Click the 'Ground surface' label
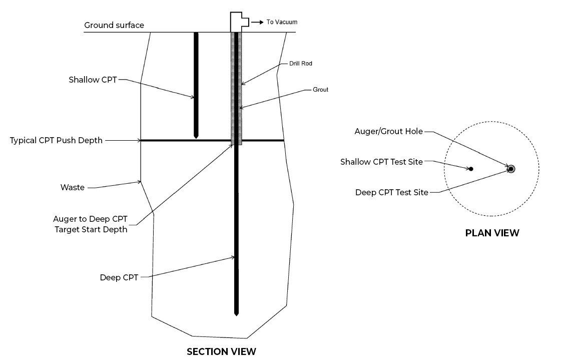[114, 25]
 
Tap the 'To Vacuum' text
[282, 22]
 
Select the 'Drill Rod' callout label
[301, 64]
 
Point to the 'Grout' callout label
[320, 90]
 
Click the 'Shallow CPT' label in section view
[93, 80]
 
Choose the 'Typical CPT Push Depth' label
[56, 140]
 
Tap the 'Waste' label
[72, 188]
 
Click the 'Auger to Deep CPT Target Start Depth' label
[90, 224]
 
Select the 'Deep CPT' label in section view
[119, 277]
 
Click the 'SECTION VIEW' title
[221, 351]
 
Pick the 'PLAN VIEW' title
[492, 233]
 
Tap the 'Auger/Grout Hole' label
[388, 132]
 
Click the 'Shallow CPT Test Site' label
[382, 162]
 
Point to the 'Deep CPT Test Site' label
[392, 192]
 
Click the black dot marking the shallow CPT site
[471, 169]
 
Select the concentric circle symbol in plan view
[510, 169]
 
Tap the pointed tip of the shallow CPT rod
[196, 137]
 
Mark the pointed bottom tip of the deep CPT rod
[236, 314]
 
